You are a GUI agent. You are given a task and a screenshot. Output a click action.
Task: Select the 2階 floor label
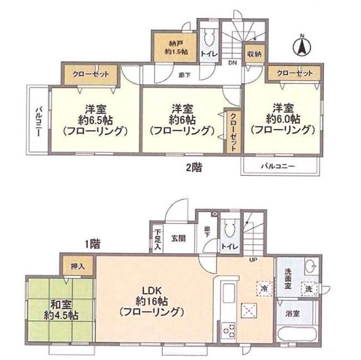point(193,166)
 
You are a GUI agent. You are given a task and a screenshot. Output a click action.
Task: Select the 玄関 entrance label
point(178,239)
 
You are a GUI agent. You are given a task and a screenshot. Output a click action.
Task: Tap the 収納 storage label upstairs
point(255,54)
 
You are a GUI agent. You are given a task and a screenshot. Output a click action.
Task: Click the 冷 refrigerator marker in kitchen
point(264,288)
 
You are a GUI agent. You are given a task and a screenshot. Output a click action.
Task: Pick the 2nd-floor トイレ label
point(209,54)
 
